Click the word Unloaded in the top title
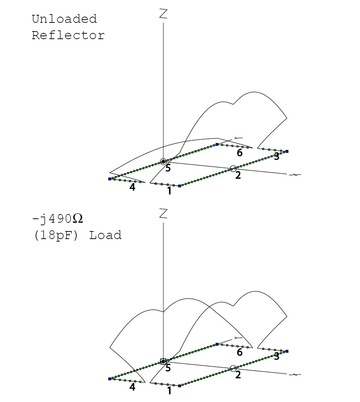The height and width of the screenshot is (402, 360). (64, 19)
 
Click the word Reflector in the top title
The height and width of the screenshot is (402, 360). (68, 35)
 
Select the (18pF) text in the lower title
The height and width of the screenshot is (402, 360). (56, 235)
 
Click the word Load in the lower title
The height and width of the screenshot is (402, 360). (105, 235)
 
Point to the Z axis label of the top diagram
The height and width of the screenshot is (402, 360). (163, 14)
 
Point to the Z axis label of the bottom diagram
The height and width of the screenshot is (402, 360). (163, 214)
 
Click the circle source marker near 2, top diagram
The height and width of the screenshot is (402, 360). (233, 168)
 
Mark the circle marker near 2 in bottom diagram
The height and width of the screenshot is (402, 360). (233, 368)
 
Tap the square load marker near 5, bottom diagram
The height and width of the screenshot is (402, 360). (163, 361)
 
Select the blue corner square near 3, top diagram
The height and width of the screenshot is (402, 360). (287, 151)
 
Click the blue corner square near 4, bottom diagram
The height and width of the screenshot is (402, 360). (109, 379)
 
